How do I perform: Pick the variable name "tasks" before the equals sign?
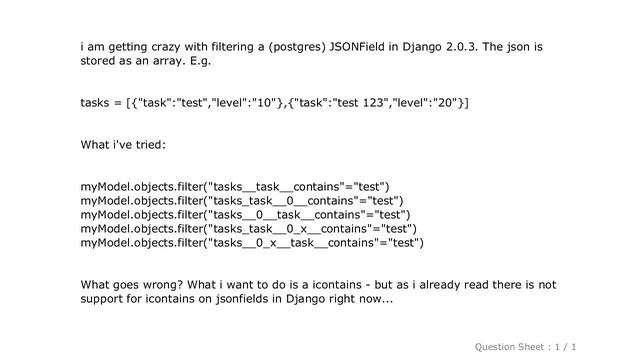(96, 103)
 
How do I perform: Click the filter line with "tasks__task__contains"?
(236, 186)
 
